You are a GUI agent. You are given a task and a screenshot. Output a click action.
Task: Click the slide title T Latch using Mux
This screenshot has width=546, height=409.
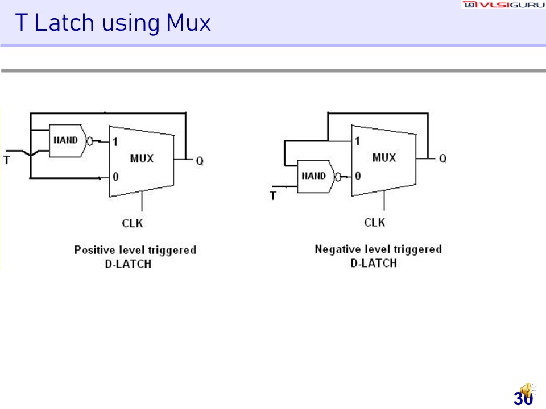(x=113, y=23)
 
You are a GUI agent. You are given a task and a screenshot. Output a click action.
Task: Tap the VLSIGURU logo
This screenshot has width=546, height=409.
(x=503, y=5)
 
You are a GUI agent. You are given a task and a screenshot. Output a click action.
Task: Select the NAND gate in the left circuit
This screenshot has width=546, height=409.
(x=66, y=140)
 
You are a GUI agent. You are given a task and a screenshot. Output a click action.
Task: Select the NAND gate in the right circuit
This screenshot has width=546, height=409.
(x=315, y=176)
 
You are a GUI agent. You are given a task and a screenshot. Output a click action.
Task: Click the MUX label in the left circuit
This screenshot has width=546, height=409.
(x=142, y=158)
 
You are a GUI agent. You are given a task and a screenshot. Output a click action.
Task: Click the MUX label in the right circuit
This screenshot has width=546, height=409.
(x=384, y=157)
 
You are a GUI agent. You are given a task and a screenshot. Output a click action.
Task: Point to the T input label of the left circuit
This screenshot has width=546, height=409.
(x=7, y=160)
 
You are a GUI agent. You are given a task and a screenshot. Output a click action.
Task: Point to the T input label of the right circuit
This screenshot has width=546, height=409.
(x=273, y=196)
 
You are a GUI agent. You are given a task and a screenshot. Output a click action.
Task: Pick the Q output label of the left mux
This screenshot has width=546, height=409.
(x=200, y=161)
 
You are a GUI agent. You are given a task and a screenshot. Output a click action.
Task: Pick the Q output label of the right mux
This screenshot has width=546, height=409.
(x=442, y=159)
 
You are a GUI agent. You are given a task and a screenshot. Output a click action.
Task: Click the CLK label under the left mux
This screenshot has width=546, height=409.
(x=133, y=223)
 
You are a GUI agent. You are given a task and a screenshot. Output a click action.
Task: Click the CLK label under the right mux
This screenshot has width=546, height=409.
(x=375, y=222)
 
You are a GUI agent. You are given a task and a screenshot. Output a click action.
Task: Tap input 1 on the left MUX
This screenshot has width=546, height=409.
(x=115, y=142)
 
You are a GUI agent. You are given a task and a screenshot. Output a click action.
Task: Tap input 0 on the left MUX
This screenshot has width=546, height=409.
(x=115, y=177)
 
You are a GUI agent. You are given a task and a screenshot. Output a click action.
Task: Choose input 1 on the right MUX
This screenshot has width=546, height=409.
(x=357, y=141)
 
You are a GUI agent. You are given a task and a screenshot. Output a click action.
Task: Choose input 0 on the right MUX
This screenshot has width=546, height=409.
(x=357, y=176)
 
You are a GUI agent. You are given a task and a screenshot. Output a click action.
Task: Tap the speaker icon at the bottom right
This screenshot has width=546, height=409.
(x=526, y=391)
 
